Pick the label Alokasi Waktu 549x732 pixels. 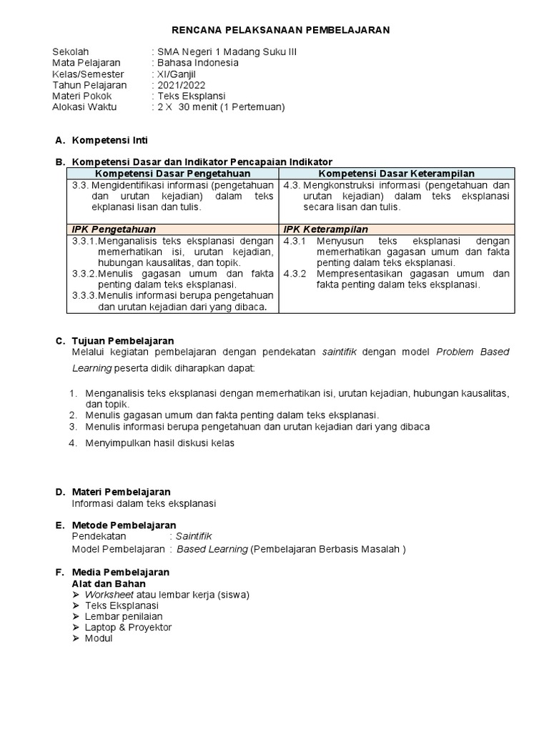[x=84, y=107]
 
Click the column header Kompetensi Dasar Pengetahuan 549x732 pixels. [x=173, y=174]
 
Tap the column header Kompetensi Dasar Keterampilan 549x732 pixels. [x=397, y=174]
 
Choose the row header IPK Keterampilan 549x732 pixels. [x=326, y=229]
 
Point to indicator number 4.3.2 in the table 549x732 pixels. [x=295, y=273]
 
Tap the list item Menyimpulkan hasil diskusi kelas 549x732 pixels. [x=159, y=442]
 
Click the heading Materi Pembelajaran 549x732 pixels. [x=121, y=492]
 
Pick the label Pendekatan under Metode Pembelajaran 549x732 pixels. [x=99, y=536]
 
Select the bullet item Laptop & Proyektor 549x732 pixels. [x=128, y=627]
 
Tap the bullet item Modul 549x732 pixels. [x=99, y=638]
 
